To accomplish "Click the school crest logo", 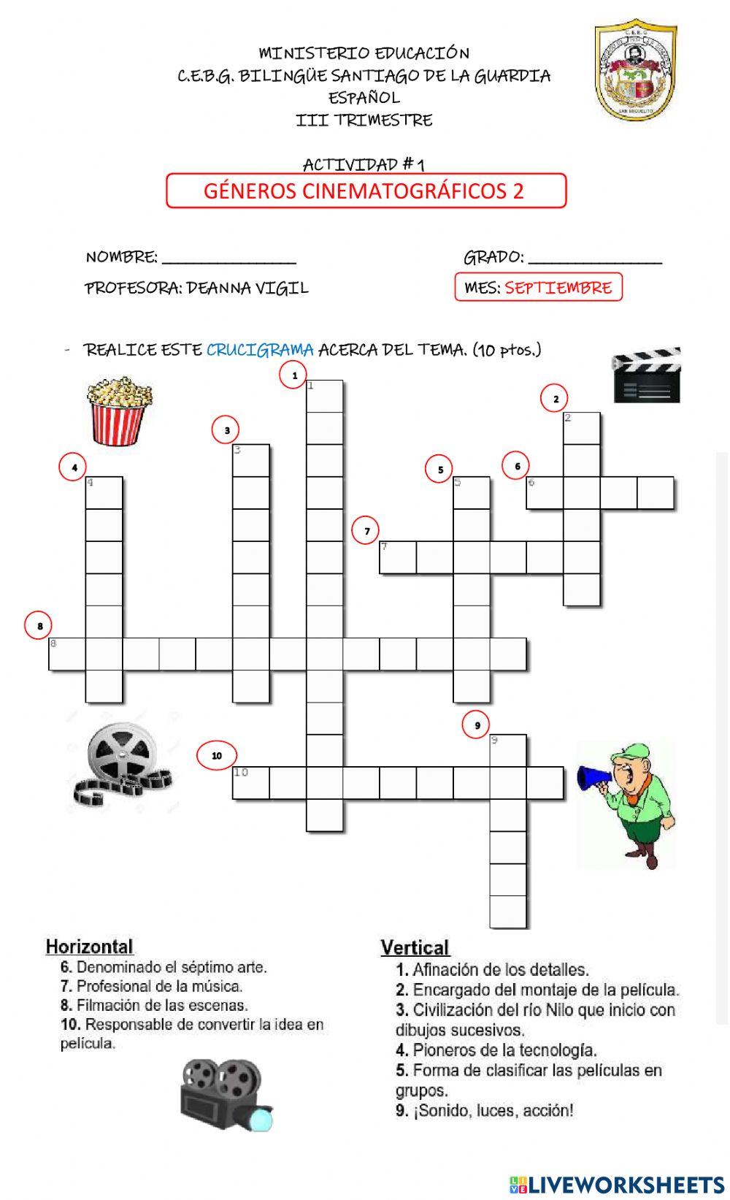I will (635, 70).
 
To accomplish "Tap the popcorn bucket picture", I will (120, 410).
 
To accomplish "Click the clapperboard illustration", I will (646, 375).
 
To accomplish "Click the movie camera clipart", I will (226, 1094).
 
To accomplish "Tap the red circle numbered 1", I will (294, 375).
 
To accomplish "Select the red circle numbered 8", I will (39, 626).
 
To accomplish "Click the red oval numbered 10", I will (217, 755).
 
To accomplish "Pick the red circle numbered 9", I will (477, 725).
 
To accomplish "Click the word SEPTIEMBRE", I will (558, 288).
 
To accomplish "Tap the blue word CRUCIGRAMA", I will (260, 350).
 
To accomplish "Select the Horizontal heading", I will (89, 947).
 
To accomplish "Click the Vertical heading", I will (415, 948).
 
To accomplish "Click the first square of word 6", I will (545, 493).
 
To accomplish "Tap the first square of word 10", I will (250, 783).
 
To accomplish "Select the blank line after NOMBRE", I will (229, 259).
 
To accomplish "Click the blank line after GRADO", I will (595, 259).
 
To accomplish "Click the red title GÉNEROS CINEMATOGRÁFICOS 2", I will (366, 191).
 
